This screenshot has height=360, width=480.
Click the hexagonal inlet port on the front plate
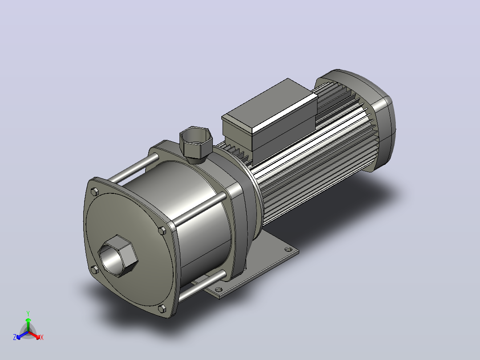[118, 256]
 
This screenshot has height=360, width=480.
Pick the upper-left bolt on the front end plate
[95, 192]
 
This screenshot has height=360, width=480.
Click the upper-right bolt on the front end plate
[162, 230]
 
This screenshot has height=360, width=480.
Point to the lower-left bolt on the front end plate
[95, 270]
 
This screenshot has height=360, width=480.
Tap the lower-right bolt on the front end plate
[162, 308]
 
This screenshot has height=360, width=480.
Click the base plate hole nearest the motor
[288, 249]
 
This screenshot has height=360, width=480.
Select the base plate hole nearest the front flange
[219, 289]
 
